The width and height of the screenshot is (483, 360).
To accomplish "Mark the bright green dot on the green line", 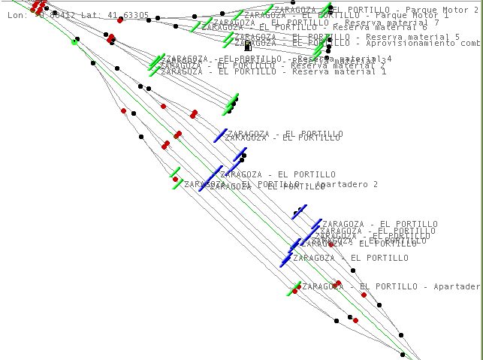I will (x=74, y=42).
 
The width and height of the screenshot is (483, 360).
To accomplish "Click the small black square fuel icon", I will (x=248, y=47).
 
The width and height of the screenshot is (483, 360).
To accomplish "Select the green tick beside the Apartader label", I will (x=293, y=288).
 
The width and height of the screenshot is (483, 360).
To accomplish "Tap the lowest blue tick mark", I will (x=285, y=260).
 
